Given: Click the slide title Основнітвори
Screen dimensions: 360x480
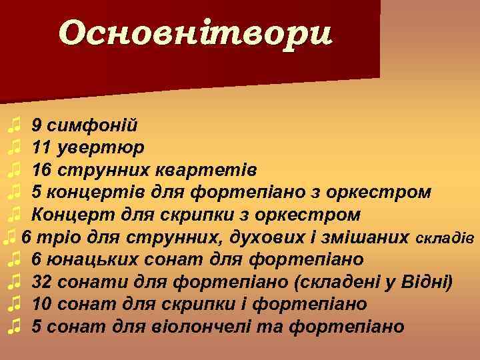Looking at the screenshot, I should click(195, 33).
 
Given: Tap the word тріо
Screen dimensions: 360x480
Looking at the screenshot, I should click(52, 237).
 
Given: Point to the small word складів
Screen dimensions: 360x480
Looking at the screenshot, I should click(445, 238).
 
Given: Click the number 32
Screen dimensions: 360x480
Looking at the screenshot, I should click(43, 282).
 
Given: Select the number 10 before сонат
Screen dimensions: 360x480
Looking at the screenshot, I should click(43, 304).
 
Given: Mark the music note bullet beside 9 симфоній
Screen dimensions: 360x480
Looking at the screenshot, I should click(15, 125).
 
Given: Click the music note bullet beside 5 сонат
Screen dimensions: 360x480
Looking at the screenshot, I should click(15, 327).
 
